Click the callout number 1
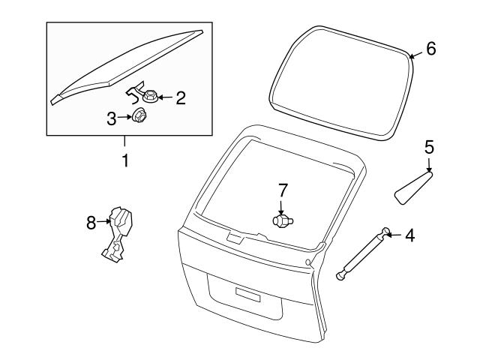(x=125, y=160)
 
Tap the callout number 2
(x=181, y=98)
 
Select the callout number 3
(x=112, y=118)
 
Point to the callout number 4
(x=410, y=235)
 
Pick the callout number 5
(x=429, y=147)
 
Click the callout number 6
(x=431, y=49)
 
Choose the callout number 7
(x=283, y=190)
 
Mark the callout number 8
(x=91, y=223)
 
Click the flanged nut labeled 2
(x=150, y=96)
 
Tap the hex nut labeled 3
(x=139, y=115)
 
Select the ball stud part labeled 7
(x=283, y=221)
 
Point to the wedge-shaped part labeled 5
(x=413, y=187)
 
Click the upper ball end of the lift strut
(x=385, y=231)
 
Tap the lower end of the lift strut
(x=340, y=275)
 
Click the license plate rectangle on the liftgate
(x=248, y=295)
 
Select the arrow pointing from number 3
(x=124, y=117)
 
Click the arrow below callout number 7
(x=281, y=208)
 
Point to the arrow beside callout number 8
(x=103, y=221)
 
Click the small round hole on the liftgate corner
(x=308, y=262)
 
